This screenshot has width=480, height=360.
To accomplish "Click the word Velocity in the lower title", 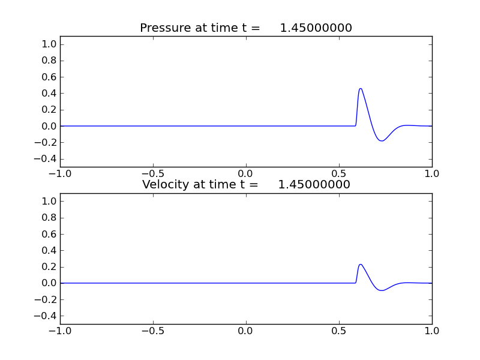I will tap(164, 185).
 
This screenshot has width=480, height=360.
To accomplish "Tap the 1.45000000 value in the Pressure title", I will tap(316, 28).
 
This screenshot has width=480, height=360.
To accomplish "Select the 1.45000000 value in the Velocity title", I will tap(314, 185).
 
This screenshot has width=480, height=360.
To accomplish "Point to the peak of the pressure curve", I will tap(361, 89).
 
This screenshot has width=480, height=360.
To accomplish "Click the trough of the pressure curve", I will tap(382, 141).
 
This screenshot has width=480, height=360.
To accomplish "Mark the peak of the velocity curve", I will tap(361, 264).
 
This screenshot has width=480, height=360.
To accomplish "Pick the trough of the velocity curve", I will tap(382, 290).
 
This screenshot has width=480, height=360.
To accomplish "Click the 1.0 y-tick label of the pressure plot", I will tap(50, 44).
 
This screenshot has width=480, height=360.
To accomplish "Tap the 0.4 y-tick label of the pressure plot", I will tap(50, 94).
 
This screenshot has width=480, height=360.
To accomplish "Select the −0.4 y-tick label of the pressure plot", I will tap(47, 159).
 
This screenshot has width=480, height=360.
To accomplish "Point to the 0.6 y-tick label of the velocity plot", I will tap(50, 234).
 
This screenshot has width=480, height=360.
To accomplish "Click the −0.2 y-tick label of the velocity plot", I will tap(47, 299).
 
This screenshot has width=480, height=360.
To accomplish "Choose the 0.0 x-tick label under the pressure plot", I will tap(246, 173).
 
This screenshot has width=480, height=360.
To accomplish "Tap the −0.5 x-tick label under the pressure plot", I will tap(151, 173).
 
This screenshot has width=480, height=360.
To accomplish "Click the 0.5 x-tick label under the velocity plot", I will tap(339, 331).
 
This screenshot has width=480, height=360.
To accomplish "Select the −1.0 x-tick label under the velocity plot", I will tap(58, 331).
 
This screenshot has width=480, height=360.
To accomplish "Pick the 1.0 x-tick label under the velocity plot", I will tap(432, 331).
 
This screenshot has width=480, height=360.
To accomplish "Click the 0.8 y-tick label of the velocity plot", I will tap(50, 218).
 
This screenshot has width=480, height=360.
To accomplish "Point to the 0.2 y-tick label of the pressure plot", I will tap(50, 110).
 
